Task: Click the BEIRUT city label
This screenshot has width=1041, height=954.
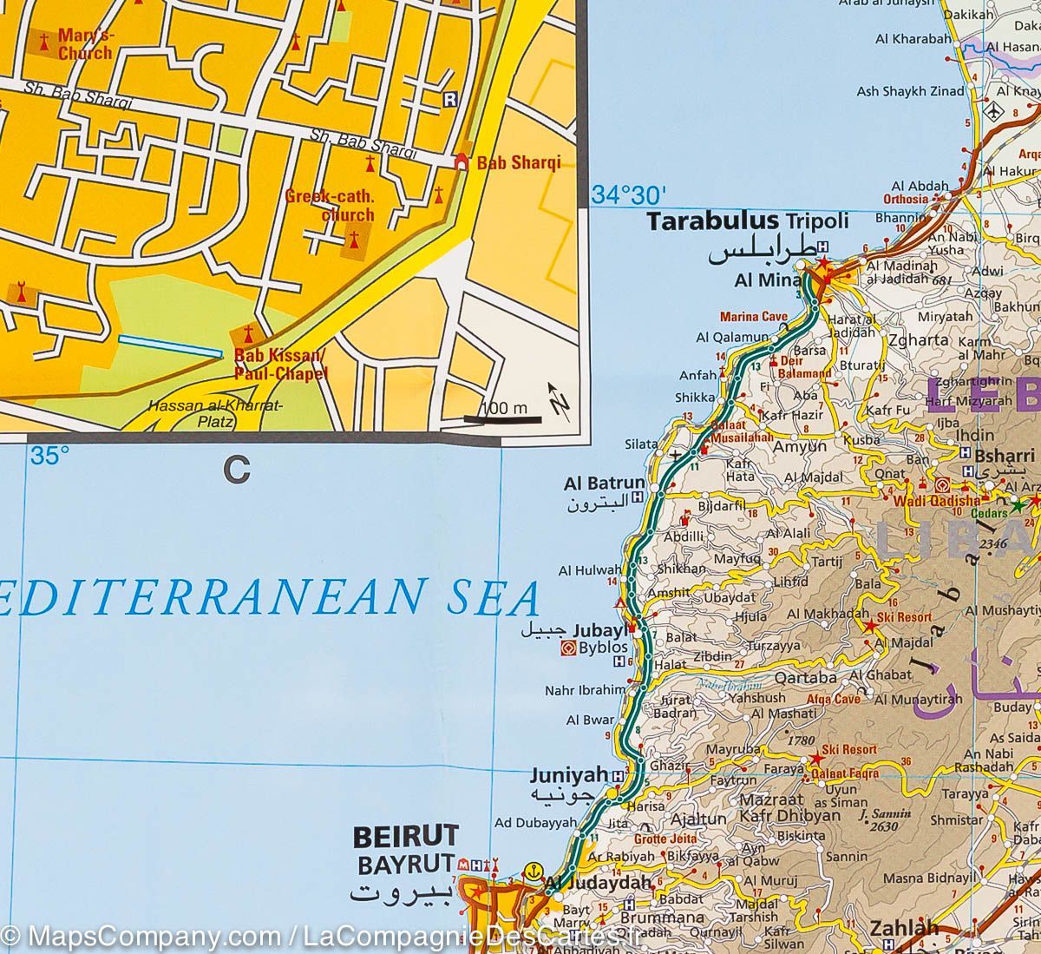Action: click(405, 837)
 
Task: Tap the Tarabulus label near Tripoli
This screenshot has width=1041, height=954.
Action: click(714, 221)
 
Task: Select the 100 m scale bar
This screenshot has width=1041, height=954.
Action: click(503, 418)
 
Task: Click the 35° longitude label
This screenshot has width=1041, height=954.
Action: click(50, 456)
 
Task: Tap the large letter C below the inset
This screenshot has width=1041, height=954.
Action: click(236, 470)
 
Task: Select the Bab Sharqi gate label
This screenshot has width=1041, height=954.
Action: click(519, 162)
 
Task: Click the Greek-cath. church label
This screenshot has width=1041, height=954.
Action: click(330, 205)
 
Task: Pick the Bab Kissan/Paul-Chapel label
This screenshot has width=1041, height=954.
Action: click(269, 365)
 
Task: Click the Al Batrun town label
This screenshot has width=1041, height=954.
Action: click(604, 484)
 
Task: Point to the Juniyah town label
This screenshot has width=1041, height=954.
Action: click(570, 774)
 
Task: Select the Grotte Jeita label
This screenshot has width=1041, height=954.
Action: click(665, 839)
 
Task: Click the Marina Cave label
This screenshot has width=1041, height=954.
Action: click(752, 317)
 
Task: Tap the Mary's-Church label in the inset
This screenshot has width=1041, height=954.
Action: click(85, 44)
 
